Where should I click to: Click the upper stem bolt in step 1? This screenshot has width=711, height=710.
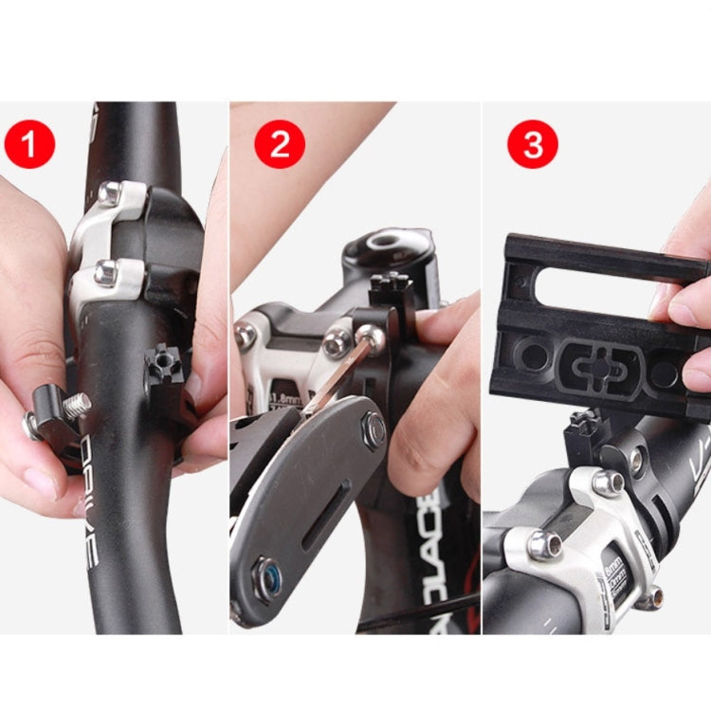tap(111, 193)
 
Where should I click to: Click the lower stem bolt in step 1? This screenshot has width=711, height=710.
tap(106, 273)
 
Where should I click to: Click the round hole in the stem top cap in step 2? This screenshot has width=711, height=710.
tap(389, 243)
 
